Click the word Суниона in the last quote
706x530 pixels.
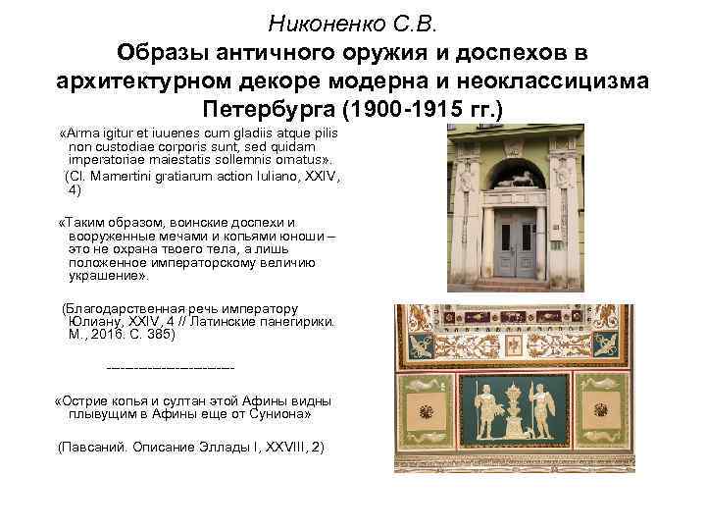pos(279,415)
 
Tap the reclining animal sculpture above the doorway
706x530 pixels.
pos(516,181)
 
